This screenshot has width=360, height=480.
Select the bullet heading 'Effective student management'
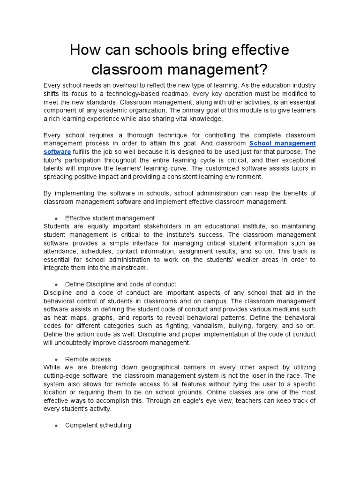pyautogui.click(x=110, y=218)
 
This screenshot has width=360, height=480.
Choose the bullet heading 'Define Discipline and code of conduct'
pyautogui.click(x=120, y=284)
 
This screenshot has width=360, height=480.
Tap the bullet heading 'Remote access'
pyautogui.click(x=88, y=359)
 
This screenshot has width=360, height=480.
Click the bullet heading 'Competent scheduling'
pyautogui.click(x=98, y=425)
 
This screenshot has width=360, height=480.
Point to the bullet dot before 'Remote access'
pyautogui.click(x=56, y=360)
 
